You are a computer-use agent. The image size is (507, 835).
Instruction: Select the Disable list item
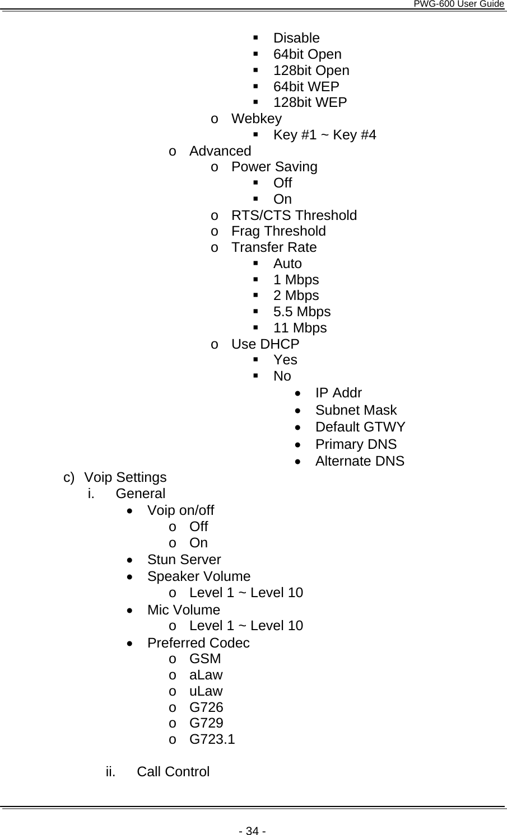click(x=296, y=38)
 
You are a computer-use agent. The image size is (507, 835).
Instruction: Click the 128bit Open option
click(x=311, y=71)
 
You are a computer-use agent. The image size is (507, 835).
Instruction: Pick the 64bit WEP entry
click(x=306, y=87)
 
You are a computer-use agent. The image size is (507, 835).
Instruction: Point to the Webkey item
click(x=256, y=119)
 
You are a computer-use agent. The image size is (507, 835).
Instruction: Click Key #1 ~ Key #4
click(x=324, y=135)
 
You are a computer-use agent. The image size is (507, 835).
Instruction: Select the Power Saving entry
click(x=274, y=167)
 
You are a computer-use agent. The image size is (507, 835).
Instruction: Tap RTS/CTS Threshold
click(x=294, y=215)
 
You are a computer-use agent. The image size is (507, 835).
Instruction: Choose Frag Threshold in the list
click(x=278, y=231)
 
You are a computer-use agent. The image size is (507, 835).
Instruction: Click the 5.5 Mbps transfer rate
click(x=301, y=312)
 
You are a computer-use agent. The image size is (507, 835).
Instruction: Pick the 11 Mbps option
click(x=300, y=328)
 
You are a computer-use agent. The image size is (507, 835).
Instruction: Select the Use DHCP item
click(x=265, y=344)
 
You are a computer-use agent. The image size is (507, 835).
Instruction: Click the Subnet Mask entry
click(x=356, y=410)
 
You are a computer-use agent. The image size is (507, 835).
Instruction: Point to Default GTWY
click(x=360, y=427)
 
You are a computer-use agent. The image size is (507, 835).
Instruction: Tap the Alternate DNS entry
click(x=359, y=461)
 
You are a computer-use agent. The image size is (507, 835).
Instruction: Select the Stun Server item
click(x=184, y=560)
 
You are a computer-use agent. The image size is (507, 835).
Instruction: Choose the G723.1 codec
click(x=212, y=739)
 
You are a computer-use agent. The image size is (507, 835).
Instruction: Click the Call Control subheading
click(x=173, y=772)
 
